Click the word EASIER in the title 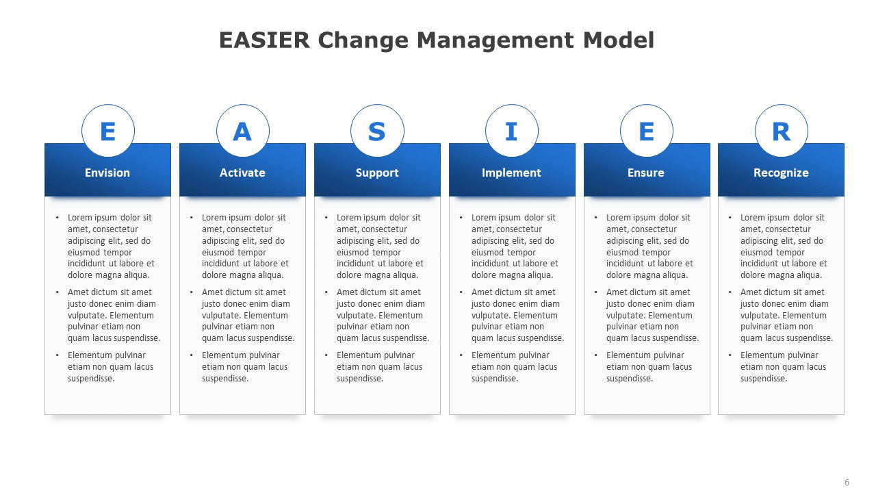264,40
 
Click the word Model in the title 618,40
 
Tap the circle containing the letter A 243,131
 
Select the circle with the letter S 377,131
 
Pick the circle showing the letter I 512,131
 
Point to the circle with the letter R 782,131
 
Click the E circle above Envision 108,131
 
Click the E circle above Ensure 647,131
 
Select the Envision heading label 107,173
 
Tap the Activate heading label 242,173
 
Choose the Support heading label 377,173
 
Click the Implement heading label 511,173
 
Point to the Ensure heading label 646,173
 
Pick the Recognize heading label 781,173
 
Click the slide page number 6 847,483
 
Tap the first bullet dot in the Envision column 57,218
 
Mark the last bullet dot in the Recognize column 730,355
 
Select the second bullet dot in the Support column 326,292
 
